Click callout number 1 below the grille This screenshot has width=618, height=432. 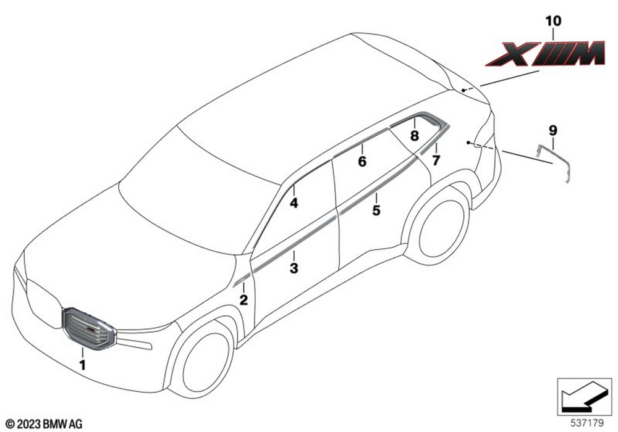point(82,365)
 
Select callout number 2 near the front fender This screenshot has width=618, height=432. point(244,300)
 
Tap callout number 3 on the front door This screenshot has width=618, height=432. point(294,268)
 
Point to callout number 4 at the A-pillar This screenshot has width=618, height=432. point(294,203)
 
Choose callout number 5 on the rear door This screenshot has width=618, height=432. point(376,210)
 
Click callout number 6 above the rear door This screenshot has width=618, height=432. point(362,161)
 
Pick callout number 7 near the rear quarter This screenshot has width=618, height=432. point(436,160)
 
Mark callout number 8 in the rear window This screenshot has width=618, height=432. point(414,136)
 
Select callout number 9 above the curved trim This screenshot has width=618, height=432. point(552,130)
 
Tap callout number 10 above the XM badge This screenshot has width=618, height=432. point(553,21)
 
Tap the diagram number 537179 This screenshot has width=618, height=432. point(587,423)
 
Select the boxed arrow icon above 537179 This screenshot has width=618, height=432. point(584,397)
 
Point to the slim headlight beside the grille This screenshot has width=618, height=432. point(135,343)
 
